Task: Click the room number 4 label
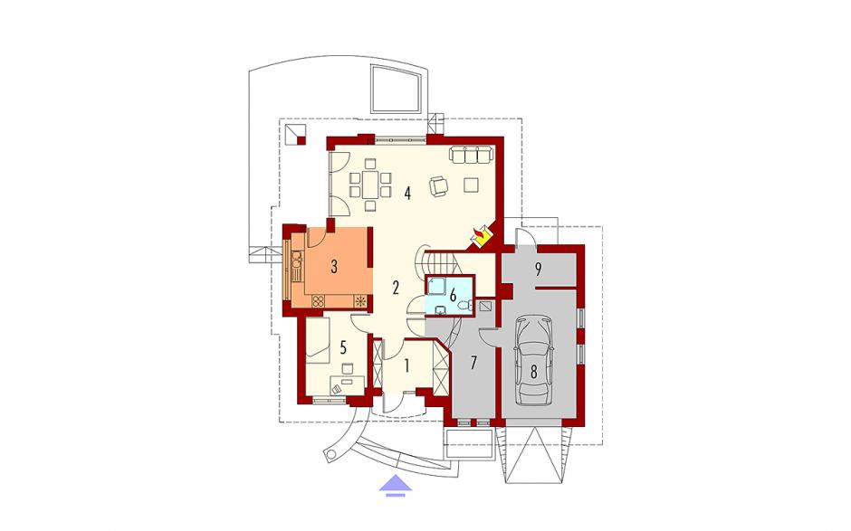coord(407,193)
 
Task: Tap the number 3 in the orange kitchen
coord(334,266)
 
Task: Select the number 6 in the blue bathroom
coord(453,295)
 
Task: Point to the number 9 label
coord(539,270)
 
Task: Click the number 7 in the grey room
coord(473,363)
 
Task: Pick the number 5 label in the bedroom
coord(343,347)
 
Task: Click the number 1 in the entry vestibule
coord(406,366)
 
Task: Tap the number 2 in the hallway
coord(396,288)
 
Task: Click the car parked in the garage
coord(534,361)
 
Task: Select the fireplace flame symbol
coord(480,235)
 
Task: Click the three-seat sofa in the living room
coord(470,154)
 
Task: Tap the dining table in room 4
coord(370,185)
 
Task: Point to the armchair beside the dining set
coord(439,185)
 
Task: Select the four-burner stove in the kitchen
coord(318,300)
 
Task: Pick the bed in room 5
coord(318,339)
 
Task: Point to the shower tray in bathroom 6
coord(436,287)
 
